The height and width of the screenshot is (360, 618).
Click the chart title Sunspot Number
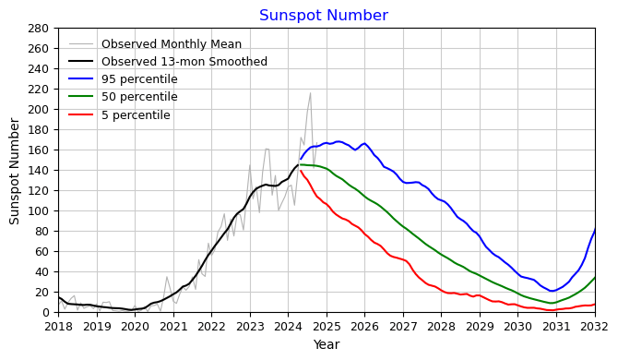coord(323,16)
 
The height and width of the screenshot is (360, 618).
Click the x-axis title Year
coord(326,345)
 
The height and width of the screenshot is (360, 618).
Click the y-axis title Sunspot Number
coord(15,171)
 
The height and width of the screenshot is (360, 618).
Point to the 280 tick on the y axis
coord(38,28)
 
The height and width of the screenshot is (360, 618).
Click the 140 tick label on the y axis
coord(38,170)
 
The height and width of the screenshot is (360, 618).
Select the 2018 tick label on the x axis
coord(58,326)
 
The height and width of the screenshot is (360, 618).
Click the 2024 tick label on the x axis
coord(288,326)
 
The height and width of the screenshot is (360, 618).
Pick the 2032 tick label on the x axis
coord(594,326)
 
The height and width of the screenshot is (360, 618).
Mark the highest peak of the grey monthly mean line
coord(310,92)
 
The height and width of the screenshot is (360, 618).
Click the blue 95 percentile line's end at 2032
coord(595,228)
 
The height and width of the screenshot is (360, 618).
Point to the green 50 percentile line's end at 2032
coord(595,277)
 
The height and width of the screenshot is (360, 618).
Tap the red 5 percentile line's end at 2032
coord(595,305)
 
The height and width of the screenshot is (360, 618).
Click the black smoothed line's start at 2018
coord(58,297)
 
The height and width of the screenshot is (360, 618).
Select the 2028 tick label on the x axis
coord(441,326)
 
